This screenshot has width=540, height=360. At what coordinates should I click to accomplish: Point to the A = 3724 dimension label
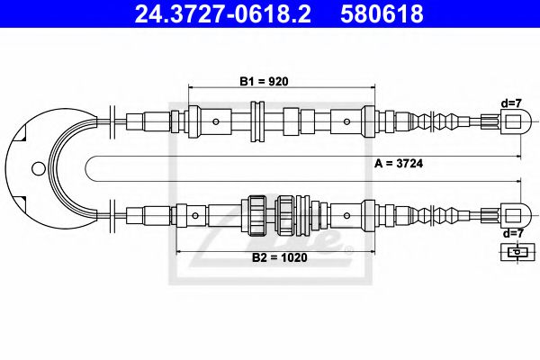pos(400,164)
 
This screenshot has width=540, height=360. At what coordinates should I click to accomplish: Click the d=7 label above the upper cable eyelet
pos(511,103)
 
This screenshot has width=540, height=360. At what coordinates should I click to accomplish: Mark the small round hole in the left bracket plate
pos(36,167)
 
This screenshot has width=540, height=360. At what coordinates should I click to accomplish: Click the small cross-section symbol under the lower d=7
pos(514,253)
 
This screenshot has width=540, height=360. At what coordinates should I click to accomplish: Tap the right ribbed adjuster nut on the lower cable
pos(286,216)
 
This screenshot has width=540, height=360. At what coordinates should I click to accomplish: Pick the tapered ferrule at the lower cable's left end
pos(135,216)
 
